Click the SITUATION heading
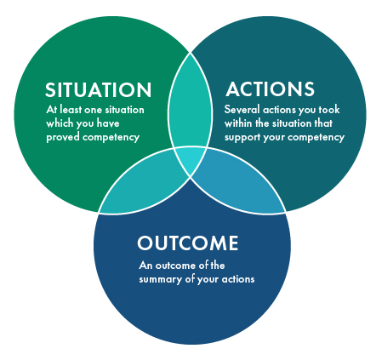coord(99,90)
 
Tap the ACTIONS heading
coord(270,89)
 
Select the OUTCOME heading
coord(188,243)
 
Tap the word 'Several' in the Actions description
coord(241,111)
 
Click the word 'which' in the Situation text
coord(60,123)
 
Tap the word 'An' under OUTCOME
coord(144,265)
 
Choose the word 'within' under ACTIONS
coord(240,123)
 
